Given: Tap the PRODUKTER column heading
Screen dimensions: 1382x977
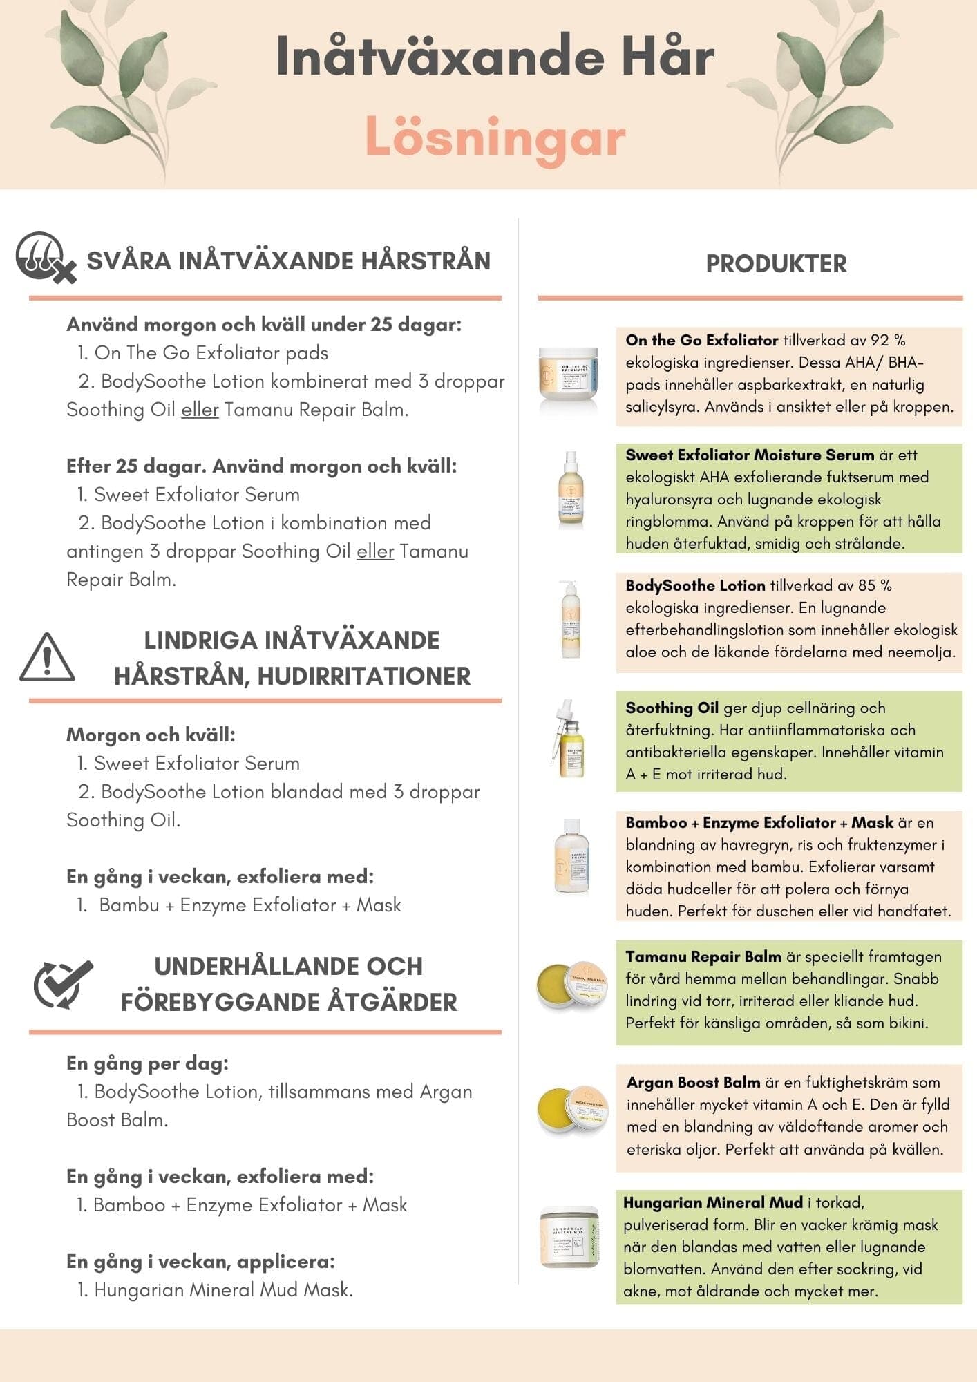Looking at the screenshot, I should (x=776, y=264).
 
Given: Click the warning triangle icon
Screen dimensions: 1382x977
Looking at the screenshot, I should (x=47, y=657).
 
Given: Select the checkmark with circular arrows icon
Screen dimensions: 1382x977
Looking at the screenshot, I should (x=63, y=984).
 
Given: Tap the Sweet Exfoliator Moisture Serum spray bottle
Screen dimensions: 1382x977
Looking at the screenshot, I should (x=571, y=489).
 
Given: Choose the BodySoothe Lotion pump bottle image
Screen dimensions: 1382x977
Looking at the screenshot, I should (x=571, y=619).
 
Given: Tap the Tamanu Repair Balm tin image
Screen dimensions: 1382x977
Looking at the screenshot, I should (x=572, y=984).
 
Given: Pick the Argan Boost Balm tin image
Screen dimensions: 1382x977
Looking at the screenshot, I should (x=572, y=1110).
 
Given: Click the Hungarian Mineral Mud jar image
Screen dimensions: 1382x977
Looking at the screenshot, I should (x=569, y=1238).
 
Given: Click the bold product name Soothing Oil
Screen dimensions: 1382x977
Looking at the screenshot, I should (x=672, y=708).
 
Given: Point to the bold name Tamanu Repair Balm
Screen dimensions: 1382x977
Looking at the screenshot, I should (x=703, y=957).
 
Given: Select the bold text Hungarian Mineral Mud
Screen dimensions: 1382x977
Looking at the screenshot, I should (x=712, y=1203).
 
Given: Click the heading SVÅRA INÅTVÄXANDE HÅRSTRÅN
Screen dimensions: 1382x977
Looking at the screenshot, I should (x=288, y=261).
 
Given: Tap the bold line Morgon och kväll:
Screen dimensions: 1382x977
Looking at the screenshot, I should (x=151, y=735).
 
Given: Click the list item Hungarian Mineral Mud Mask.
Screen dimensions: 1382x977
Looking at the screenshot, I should (x=222, y=1290).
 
